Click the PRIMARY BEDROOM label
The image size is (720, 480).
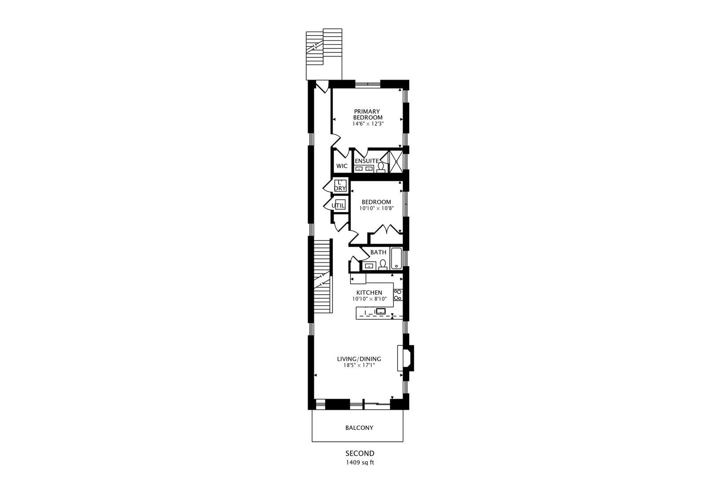point(368,114)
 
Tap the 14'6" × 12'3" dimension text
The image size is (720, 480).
point(368,124)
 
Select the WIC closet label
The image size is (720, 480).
point(342,166)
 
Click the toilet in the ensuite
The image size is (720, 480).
point(381,167)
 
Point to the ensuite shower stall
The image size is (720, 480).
point(396,161)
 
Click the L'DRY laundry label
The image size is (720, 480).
point(340,185)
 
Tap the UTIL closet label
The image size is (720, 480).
point(338,205)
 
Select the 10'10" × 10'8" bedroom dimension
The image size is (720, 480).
point(376,208)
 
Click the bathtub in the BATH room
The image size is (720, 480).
point(396,259)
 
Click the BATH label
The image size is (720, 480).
point(378,252)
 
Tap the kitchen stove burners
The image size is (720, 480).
point(398,295)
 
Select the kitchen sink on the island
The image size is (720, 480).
point(381,311)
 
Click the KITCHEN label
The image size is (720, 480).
point(369,292)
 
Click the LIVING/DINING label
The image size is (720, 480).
point(359,359)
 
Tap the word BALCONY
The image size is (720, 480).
point(359,428)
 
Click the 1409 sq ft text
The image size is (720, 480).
point(360,462)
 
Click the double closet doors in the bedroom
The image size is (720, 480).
point(385,230)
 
